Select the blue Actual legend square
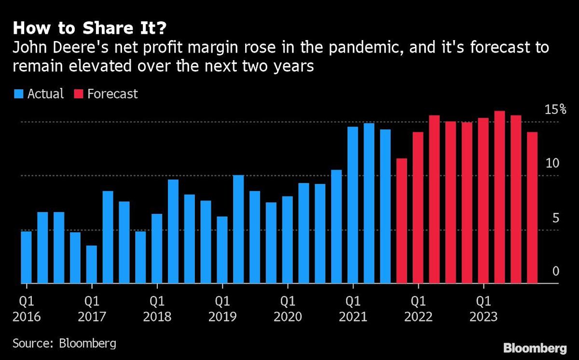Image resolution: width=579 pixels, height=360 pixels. click(x=18, y=94)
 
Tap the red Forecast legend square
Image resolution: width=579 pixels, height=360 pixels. click(x=77, y=94)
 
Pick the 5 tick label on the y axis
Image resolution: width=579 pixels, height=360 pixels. click(x=555, y=218)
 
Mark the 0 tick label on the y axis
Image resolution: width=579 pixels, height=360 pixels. click(x=555, y=271)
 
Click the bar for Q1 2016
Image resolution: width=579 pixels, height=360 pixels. click(x=26, y=257)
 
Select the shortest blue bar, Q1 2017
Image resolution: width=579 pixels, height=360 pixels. click(x=91, y=264)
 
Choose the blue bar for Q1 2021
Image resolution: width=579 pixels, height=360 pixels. click(x=353, y=205)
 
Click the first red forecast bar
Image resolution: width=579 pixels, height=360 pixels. click(x=401, y=221)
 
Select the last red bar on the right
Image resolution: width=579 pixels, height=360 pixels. click(x=532, y=208)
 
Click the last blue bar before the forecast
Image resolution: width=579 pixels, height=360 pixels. click(x=385, y=206)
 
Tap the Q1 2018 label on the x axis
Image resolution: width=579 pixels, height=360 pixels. click(x=157, y=309)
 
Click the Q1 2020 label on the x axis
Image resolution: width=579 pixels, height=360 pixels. click(x=288, y=309)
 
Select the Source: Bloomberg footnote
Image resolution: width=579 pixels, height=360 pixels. click(x=64, y=344)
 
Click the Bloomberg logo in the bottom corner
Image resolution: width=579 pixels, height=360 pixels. click(x=535, y=348)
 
